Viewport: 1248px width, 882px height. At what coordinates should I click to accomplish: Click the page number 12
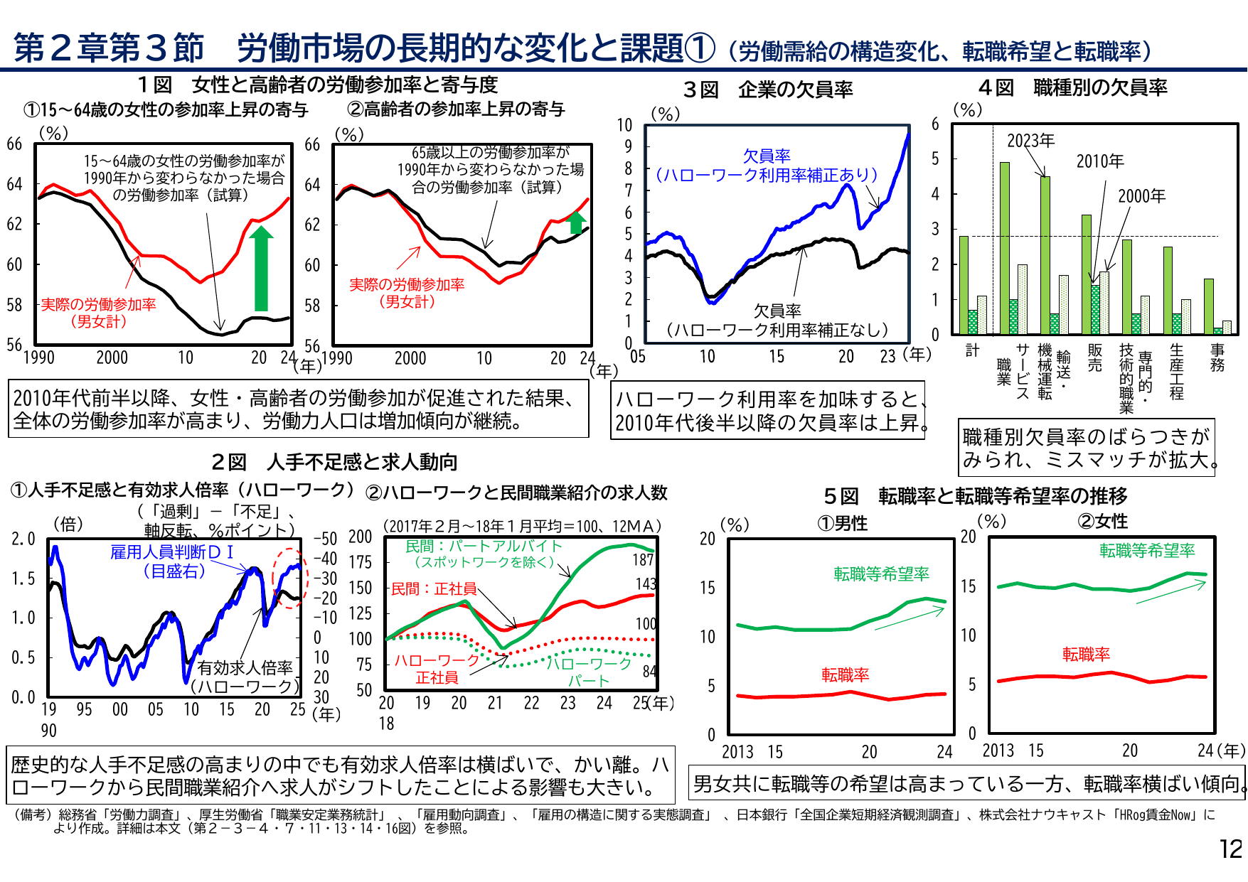pyautogui.click(x=1230, y=849)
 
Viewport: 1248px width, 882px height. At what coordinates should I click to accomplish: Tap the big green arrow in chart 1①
pyautogui.click(x=261, y=270)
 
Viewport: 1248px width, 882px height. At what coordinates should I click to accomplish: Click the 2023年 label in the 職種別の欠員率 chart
pyautogui.click(x=1030, y=141)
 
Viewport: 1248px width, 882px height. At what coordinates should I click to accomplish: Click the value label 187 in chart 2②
pyautogui.click(x=643, y=560)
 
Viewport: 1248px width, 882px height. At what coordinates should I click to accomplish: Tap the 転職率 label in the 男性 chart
pyautogui.click(x=845, y=674)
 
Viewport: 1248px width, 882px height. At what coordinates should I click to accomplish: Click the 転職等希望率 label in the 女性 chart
pyautogui.click(x=1147, y=551)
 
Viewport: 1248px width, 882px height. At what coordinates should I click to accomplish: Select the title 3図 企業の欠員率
pyautogui.click(x=767, y=90)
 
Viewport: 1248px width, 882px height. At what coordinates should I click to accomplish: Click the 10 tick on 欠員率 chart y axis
pyautogui.click(x=624, y=126)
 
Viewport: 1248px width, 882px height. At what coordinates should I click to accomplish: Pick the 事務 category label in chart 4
pyautogui.click(x=1217, y=357)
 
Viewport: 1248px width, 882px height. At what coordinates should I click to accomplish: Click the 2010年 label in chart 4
pyautogui.click(x=1099, y=161)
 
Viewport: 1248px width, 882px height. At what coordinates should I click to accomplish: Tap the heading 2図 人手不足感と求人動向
pyautogui.click(x=334, y=462)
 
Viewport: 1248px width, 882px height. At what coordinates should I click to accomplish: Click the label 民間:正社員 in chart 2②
pyautogui.click(x=434, y=588)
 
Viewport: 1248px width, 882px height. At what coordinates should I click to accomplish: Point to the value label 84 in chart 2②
pyautogui.click(x=649, y=672)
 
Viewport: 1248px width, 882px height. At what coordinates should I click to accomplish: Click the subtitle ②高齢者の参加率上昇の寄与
pyautogui.click(x=455, y=109)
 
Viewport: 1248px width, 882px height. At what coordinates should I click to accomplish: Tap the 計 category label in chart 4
pyautogui.click(x=972, y=350)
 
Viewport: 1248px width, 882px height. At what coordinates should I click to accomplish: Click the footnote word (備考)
pyautogui.click(x=33, y=815)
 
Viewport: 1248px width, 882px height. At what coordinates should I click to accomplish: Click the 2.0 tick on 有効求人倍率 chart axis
pyautogui.click(x=23, y=539)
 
